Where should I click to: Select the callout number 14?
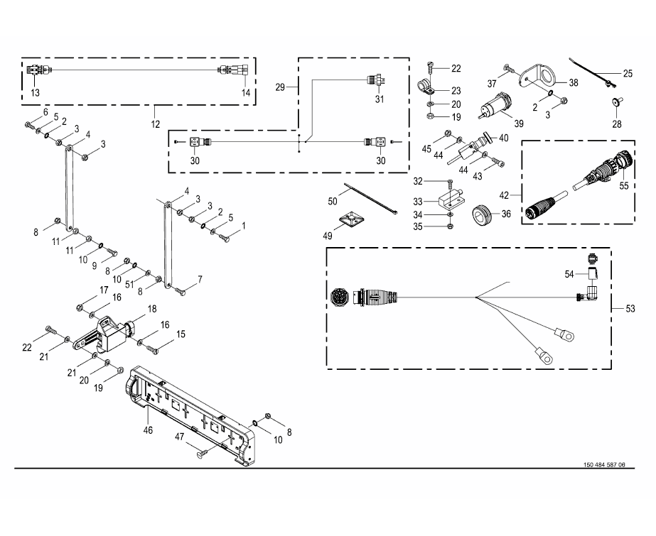(x=246, y=92)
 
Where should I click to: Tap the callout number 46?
(x=148, y=430)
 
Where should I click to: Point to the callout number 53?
(x=630, y=308)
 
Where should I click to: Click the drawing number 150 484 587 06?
(x=604, y=465)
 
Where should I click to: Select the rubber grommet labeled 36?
(x=484, y=213)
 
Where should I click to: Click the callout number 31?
(x=380, y=99)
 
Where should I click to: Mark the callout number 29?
(x=280, y=86)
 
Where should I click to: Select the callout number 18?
(x=151, y=309)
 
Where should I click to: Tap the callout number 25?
(x=628, y=73)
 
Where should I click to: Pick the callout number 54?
(x=569, y=273)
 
